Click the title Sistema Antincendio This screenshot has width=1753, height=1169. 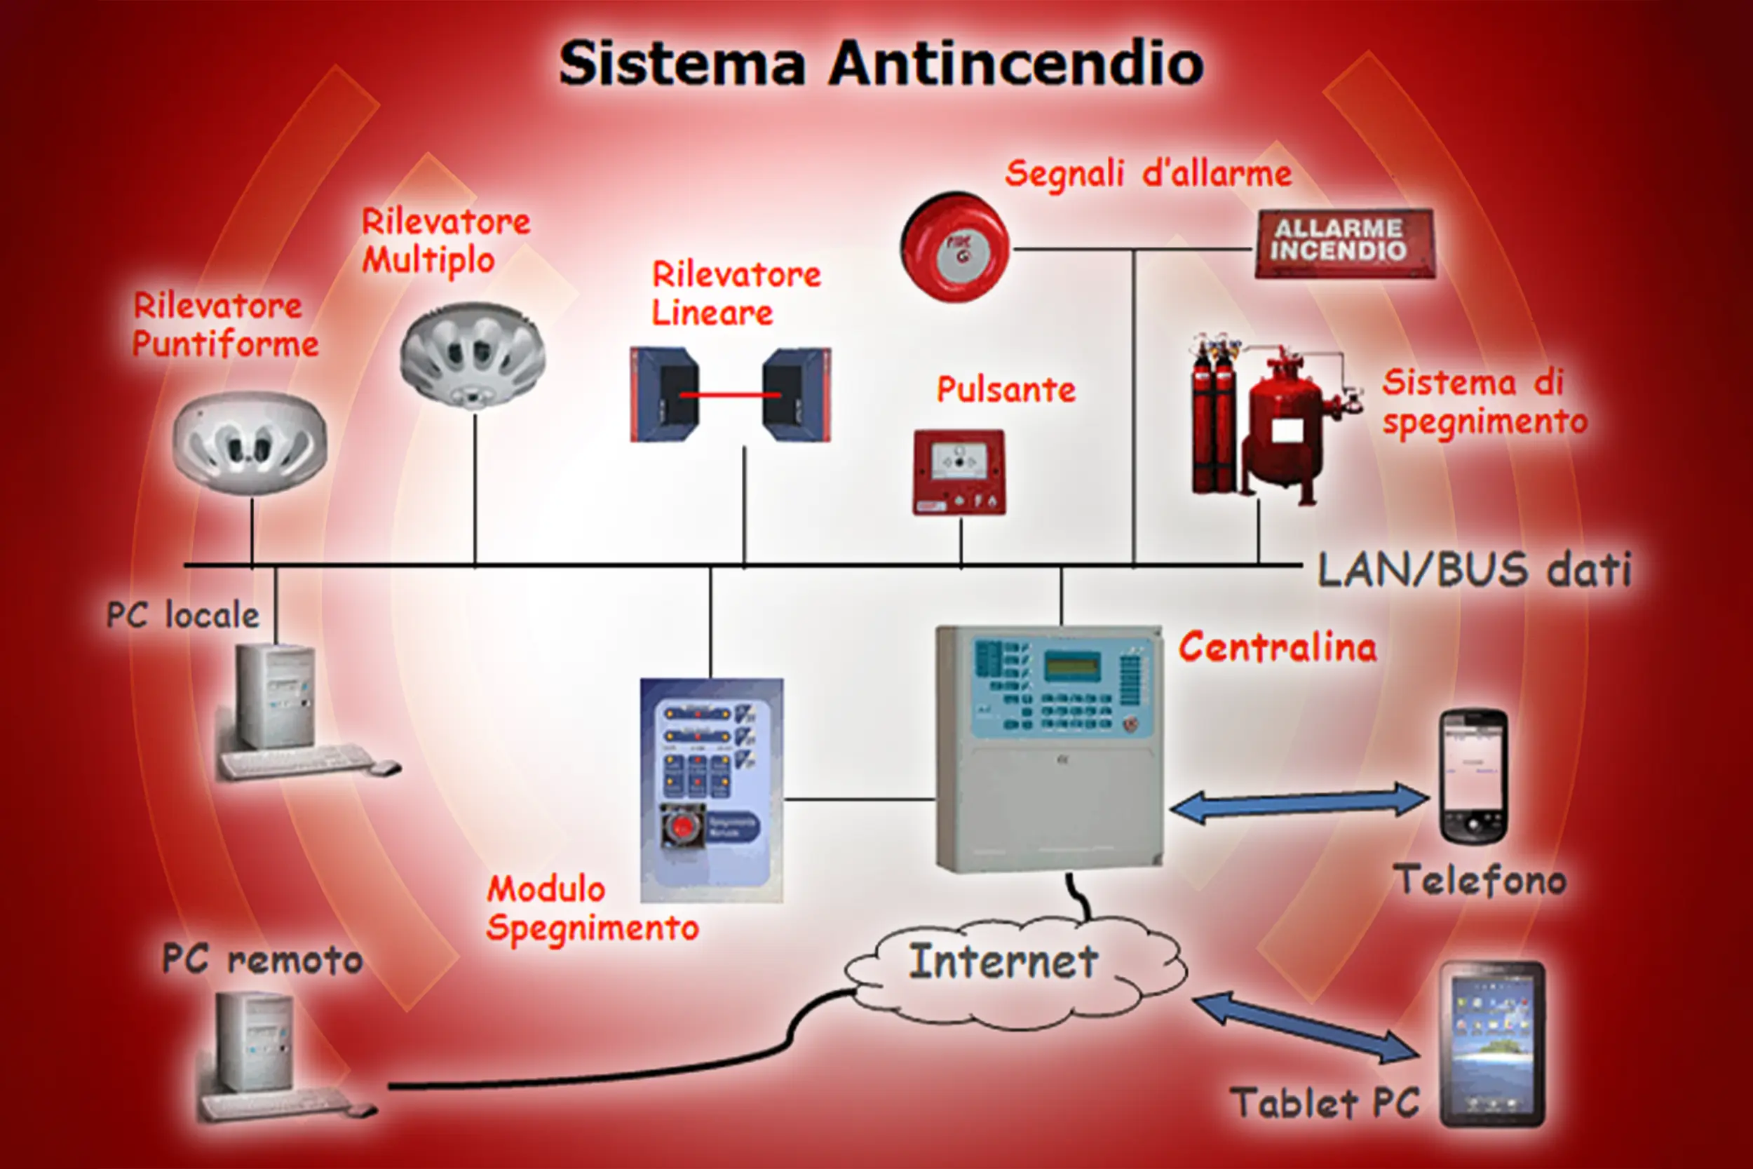(x=881, y=64)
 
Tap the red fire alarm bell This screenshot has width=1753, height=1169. (x=955, y=248)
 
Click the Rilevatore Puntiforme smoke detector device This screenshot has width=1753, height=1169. (x=249, y=443)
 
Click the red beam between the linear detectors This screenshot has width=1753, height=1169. (x=730, y=394)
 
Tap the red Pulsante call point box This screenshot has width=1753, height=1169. (x=959, y=472)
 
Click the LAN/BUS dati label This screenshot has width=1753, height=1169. (x=1473, y=570)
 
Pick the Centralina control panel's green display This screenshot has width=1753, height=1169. (x=1071, y=665)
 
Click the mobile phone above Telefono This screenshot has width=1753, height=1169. (x=1473, y=776)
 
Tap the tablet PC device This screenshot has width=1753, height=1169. (x=1492, y=1043)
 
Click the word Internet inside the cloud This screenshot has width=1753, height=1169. (x=1003, y=961)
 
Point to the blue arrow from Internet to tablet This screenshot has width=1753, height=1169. (x=1306, y=1026)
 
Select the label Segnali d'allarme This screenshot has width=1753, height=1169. (x=1148, y=175)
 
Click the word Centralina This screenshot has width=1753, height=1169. (x=1278, y=647)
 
